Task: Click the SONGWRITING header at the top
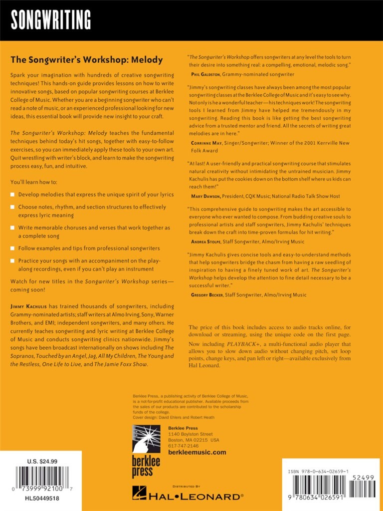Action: [51, 20]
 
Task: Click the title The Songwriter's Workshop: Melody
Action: [87, 60]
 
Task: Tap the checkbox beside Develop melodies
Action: [13, 194]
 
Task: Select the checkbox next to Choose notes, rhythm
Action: [13, 207]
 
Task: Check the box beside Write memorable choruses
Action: [13, 228]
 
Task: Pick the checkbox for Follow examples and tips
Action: [13, 248]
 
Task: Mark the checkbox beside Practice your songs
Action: [13, 260]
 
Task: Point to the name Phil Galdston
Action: [204, 74]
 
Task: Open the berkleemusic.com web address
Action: [197, 453]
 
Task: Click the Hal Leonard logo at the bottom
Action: [188, 496]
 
